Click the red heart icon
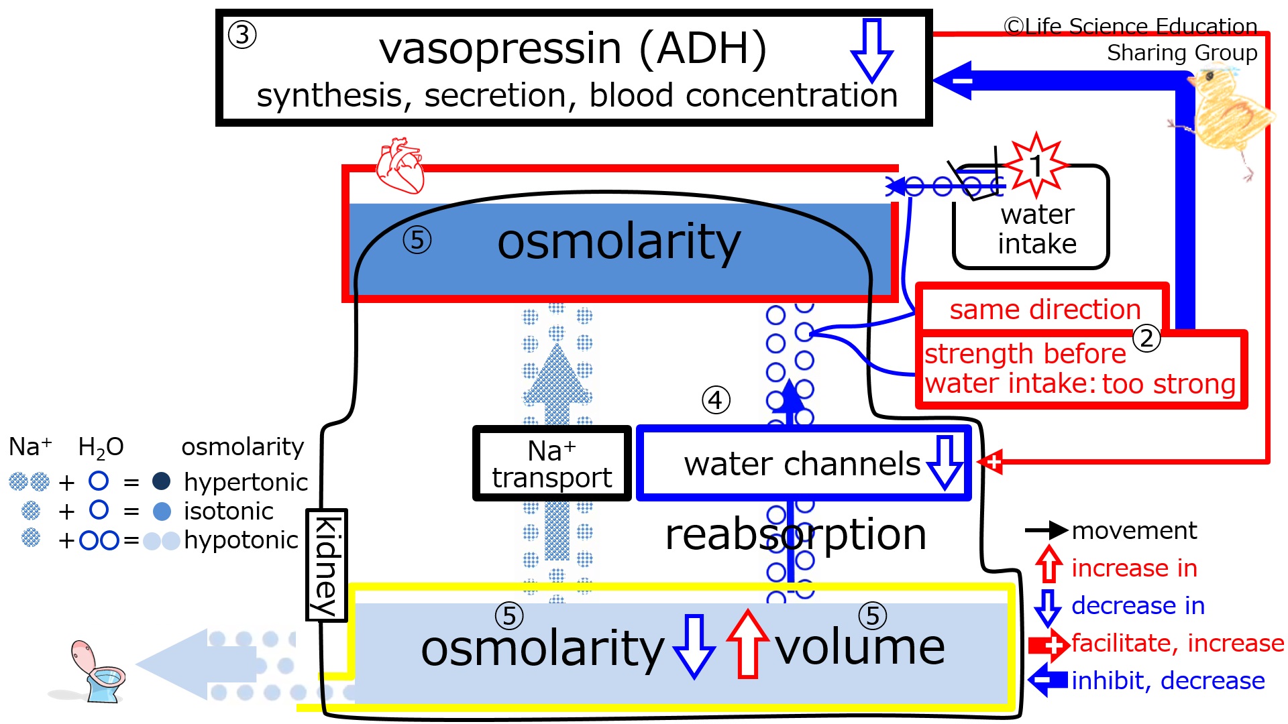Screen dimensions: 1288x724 [400, 166]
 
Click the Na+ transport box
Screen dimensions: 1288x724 [552, 463]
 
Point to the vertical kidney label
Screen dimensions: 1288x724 [326, 565]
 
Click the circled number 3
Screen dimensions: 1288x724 [242, 35]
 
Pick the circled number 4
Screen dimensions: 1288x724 [716, 400]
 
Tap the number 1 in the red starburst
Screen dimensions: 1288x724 [1036, 166]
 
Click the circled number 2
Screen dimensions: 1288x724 [1146, 338]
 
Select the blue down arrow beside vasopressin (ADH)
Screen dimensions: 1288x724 [871, 50]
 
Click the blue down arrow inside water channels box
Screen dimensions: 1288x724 [945, 463]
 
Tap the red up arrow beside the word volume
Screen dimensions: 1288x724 [747, 644]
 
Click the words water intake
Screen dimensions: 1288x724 [1037, 229]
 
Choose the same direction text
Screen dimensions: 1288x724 [1045, 309]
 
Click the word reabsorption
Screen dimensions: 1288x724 [796, 534]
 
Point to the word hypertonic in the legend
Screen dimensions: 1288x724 [246, 482]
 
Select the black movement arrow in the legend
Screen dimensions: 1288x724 [1046, 530]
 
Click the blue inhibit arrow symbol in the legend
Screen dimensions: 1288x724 [1048, 680]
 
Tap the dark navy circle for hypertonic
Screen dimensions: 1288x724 [161, 481]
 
